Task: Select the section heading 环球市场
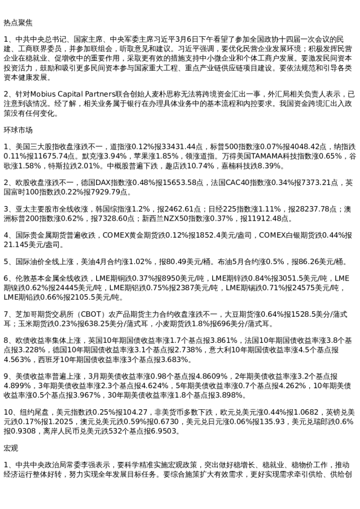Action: [18, 130]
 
